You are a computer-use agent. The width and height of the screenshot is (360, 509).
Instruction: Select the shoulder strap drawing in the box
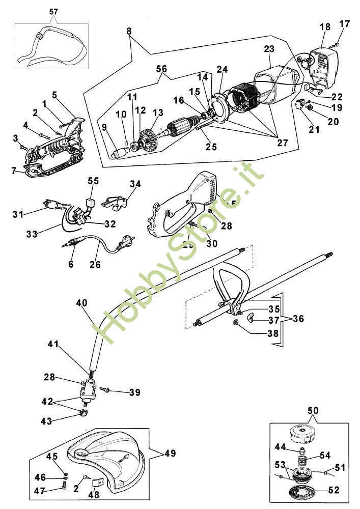pos(56,48)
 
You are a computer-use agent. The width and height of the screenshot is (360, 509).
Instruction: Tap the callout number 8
pos(129,31)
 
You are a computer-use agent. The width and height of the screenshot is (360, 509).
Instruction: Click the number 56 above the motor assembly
pos(161,68)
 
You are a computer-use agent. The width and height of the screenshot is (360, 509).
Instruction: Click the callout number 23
pos(269,49)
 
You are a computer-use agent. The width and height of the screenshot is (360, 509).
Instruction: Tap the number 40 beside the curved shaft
pos(82,302)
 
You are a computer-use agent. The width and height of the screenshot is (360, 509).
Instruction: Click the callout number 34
pos(135,183)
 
